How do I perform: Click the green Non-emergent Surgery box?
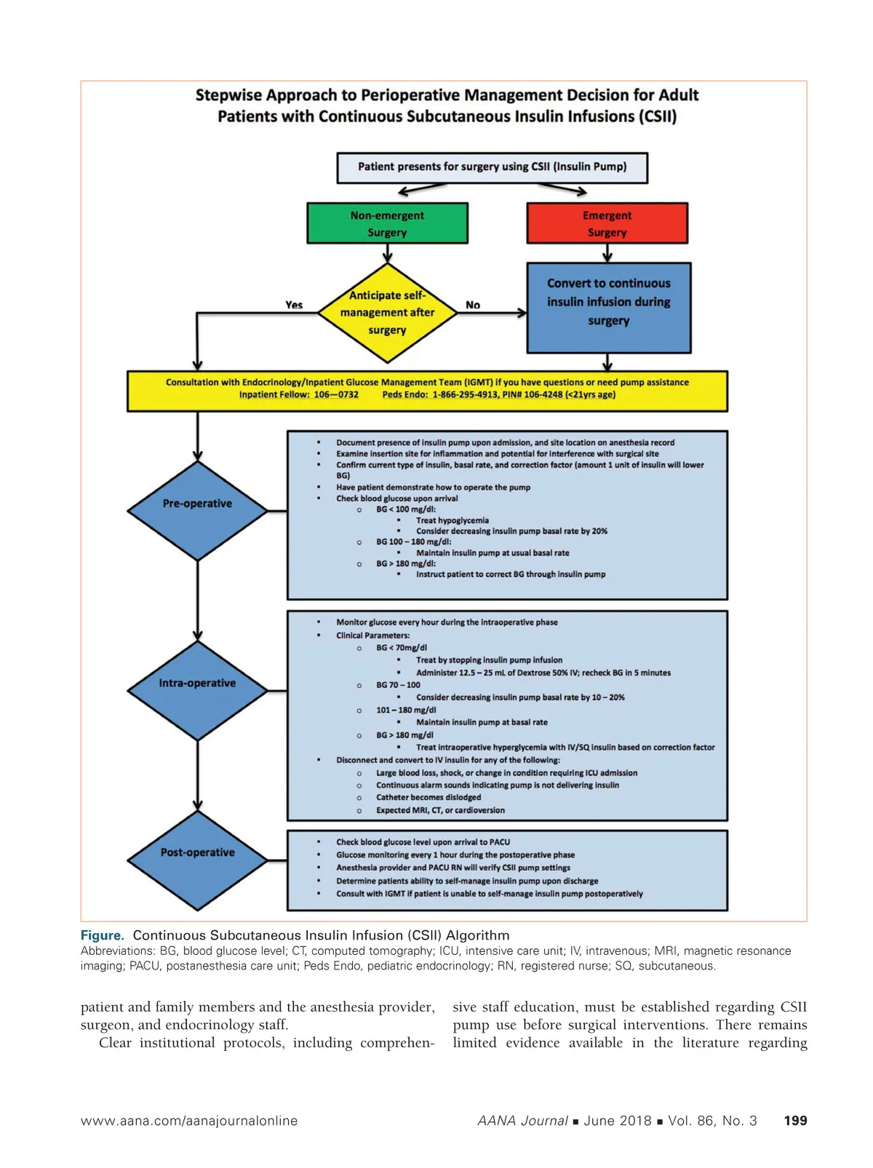[387, 223]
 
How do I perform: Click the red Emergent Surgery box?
[607, 223]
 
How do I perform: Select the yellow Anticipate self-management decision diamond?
[387, 313]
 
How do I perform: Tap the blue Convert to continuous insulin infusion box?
[608, 308]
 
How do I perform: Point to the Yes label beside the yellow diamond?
[294, 305]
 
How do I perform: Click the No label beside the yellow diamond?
[473, 305]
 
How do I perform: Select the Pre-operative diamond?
[197, 510]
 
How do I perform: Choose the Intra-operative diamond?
[197, 689]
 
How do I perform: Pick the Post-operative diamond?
[197, 860]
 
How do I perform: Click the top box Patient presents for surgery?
[492, 167]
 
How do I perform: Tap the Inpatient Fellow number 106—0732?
[336, 395]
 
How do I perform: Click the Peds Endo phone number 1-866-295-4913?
[465, 395]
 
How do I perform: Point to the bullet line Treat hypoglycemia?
[452, 521]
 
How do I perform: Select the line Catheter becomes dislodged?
[428, 798]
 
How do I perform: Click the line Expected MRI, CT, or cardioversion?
[439, 810]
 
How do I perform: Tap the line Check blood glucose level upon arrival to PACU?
[423, 842]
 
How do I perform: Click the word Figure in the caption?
[102, 936]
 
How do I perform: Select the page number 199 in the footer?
[795, 1121]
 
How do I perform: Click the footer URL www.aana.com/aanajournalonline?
[189, 1121]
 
